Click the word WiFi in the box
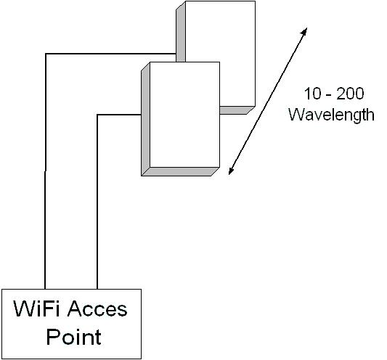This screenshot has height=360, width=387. [x=36, y=308]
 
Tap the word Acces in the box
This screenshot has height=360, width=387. [x=97, y=308]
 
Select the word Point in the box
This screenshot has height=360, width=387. [x=73, y=337]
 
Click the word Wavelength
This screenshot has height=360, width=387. [x=332, y=115]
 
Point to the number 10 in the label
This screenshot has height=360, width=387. [x=313, y=94]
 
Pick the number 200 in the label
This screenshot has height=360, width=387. [x=350, y=94]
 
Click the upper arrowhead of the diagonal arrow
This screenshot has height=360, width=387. [x=304, y=30]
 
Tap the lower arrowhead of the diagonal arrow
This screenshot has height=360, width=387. [x=231, y=171]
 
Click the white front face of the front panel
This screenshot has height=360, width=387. [x=184, y=115]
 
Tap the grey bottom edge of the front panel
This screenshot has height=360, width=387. [x=180, y=171]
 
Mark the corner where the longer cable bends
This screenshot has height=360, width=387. [x=46, y=54]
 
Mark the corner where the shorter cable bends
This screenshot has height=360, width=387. [x=97, y=115]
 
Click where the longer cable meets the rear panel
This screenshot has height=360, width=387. [x=176, y=54]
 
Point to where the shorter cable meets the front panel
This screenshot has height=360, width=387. [x=141, y=115]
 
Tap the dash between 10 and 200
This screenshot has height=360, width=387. [x=329, y=95]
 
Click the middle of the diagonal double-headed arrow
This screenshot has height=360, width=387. [x=268, y=101]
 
